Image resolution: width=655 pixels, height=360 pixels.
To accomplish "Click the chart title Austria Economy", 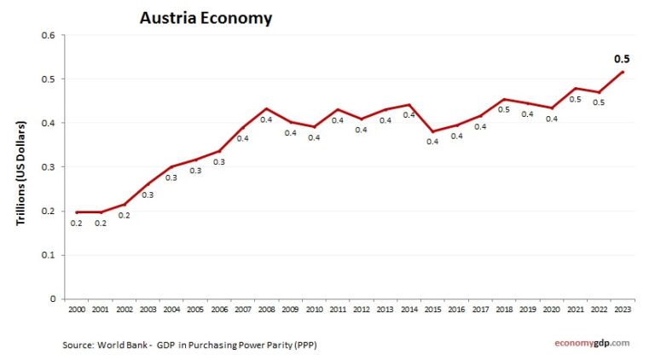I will [206, 18].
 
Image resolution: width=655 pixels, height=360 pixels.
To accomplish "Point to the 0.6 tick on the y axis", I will [49, 35].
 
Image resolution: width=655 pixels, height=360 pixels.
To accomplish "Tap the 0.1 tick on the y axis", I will [49, 255].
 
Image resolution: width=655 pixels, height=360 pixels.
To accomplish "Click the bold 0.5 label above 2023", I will [623, 59].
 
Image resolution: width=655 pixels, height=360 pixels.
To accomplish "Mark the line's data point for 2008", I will [266, 108].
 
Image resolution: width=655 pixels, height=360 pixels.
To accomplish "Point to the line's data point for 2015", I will [433, 131].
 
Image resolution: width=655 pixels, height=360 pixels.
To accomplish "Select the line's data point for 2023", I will [623, 72].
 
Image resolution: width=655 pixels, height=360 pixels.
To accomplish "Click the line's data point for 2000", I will [76, 212].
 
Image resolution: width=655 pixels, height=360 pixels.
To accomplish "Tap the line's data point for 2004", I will [171, 166].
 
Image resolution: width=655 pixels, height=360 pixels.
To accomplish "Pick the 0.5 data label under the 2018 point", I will [505, 110].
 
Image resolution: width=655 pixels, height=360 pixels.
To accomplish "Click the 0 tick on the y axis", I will [52, 299].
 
